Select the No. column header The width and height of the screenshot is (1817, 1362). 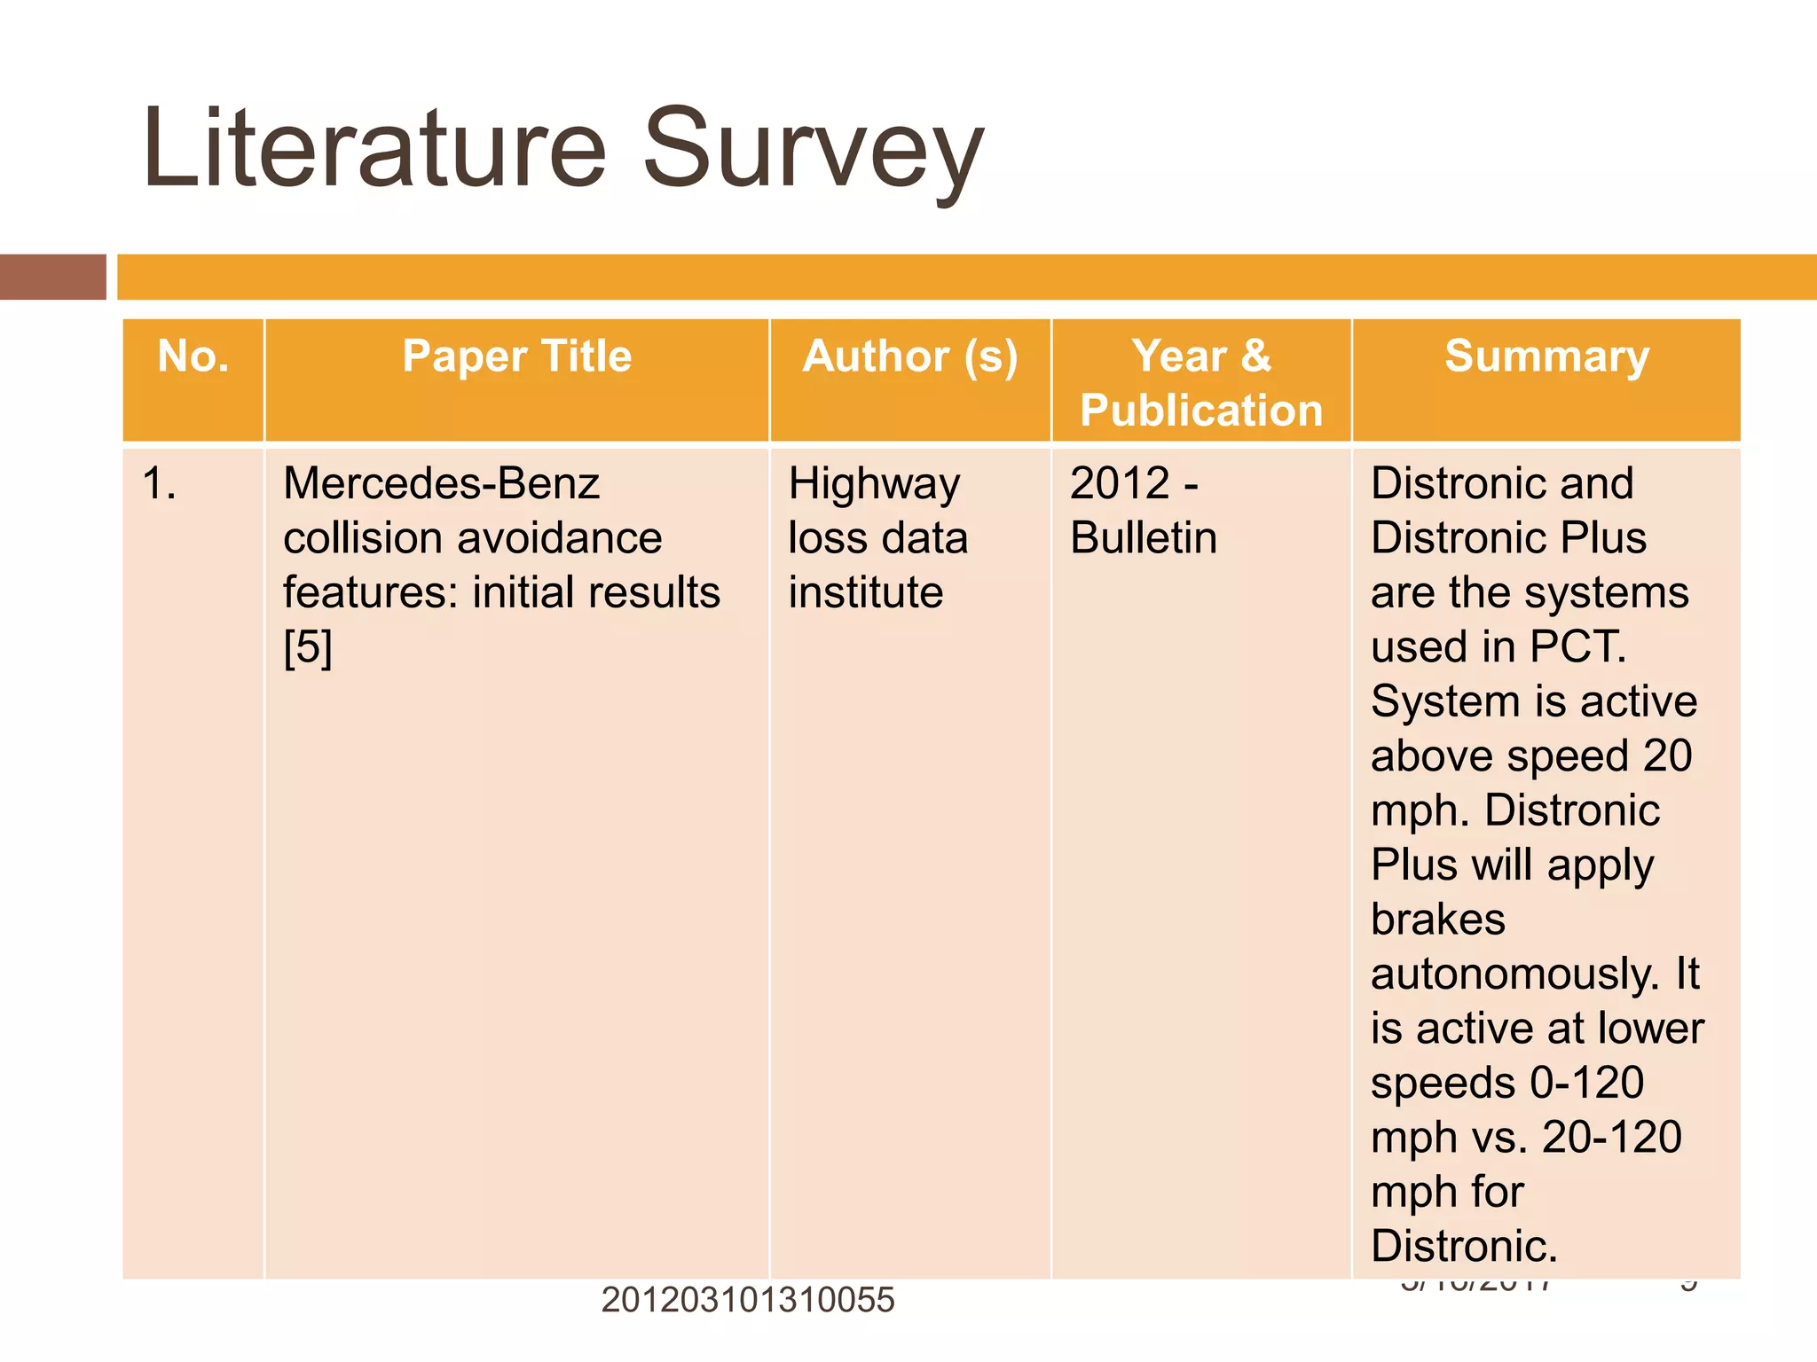tap(193, 356)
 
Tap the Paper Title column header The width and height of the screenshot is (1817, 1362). tap(516, 356)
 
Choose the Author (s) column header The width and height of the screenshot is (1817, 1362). tap(910, 356)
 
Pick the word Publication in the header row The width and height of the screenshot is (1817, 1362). tap(1201, 411)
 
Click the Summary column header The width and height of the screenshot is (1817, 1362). tap(1546, 356)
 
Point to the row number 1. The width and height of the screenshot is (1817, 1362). tap(159, 484)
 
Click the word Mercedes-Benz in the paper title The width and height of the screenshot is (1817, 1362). tap(441, 484)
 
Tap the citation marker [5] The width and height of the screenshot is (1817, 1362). tap(308, 647)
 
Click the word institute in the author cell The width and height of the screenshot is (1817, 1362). tap(865, 592)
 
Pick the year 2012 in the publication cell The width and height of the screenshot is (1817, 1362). tap(1120, 484)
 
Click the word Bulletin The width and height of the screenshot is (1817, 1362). tap(1144, 538)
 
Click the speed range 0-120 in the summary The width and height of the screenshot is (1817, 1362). tap(1587, 1083)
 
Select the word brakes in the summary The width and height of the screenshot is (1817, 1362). tap(1437, 920)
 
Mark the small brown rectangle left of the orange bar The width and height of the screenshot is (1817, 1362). tap(52, 277)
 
